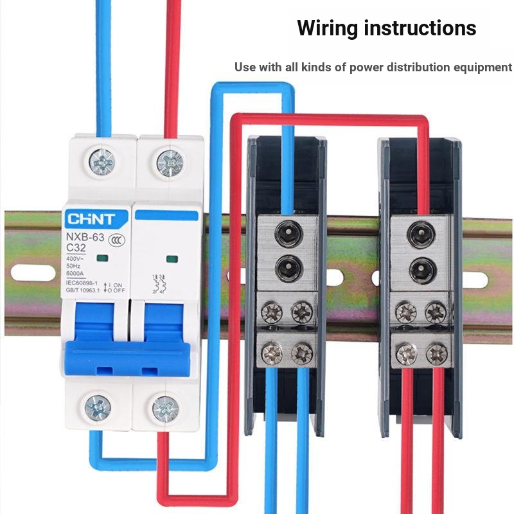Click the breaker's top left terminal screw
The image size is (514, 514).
click(x=103, y=161)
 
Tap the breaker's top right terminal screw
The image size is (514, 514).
click(x=169, y=163)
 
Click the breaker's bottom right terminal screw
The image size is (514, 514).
click(x=165, y=409)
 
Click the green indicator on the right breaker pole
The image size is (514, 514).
click(x=172, y=260)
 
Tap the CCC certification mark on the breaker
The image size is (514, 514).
click(x=116, y=241)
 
